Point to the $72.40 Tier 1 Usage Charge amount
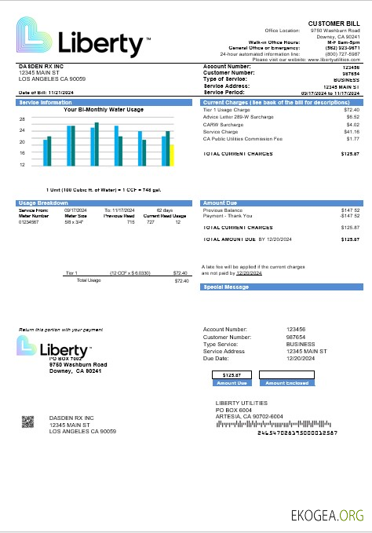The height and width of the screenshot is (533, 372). pos(352,110)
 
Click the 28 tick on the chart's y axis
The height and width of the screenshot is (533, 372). pos(22,119)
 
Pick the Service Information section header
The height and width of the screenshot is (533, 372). pos(45,103)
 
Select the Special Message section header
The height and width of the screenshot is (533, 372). pos(226,287)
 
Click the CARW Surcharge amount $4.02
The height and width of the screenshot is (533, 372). pos(352,124)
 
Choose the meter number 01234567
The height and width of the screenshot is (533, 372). pos(29,223)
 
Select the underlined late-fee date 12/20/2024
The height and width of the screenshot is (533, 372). pos(249,272)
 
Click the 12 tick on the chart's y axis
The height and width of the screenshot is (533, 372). pos(22,165)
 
